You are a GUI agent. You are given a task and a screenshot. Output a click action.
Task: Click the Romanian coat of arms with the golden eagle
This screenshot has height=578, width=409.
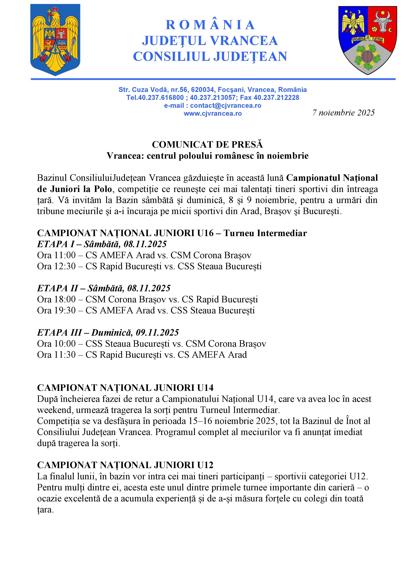tap(55, 40)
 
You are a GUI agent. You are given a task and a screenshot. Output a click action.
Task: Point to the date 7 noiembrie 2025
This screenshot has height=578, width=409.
tap(344, 113)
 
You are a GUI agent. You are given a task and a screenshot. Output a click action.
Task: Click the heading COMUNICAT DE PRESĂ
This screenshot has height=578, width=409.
tap(207, 144)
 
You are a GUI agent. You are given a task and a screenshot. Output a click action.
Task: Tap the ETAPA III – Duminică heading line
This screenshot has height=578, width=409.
tap(108, 332)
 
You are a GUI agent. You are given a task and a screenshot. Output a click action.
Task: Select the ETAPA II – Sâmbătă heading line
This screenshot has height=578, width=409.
tap(104, 288)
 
